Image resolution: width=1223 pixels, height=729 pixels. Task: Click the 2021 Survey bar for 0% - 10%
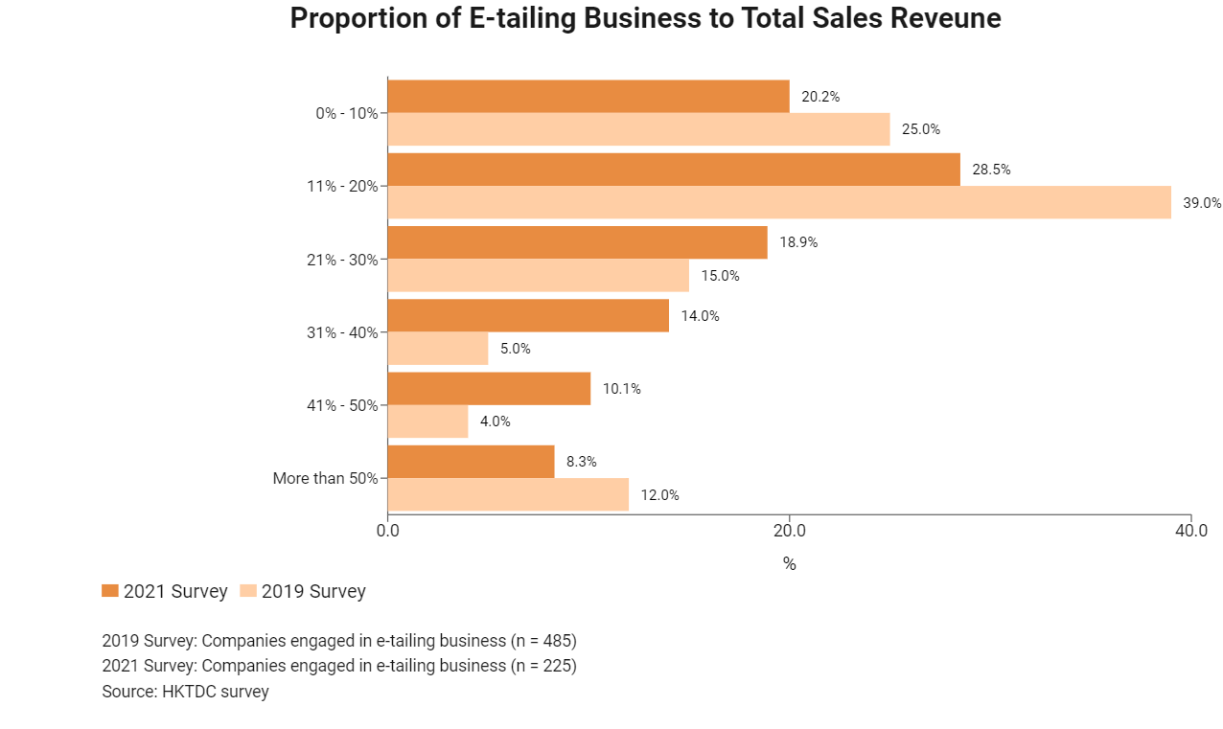588,97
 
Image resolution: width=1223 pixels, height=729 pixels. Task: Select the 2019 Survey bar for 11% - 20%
779,203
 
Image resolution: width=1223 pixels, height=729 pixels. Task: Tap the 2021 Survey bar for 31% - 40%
528,315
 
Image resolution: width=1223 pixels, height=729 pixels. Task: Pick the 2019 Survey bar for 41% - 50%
427,421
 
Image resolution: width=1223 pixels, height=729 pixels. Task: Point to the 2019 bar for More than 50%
508,494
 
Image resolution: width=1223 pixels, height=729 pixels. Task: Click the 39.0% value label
1202,203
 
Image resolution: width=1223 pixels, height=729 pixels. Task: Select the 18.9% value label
798,242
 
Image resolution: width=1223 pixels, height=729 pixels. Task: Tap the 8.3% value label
582,462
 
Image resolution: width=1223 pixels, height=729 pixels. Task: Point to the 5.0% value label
515,349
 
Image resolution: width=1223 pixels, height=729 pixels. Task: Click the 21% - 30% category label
342,260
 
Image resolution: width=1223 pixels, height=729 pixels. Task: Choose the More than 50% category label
325,478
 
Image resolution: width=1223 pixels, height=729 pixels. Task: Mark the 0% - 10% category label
346,113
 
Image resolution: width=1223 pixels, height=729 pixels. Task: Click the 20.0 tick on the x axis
789,530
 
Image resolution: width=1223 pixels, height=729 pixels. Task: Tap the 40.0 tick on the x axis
1190,530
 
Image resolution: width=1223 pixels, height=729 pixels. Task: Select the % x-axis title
789,564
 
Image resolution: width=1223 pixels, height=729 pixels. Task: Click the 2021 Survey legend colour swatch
110,591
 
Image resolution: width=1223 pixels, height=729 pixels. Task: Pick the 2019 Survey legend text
313,591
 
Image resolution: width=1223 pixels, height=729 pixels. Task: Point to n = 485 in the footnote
541,640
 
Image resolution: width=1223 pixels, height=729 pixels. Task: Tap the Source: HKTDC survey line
185,691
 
